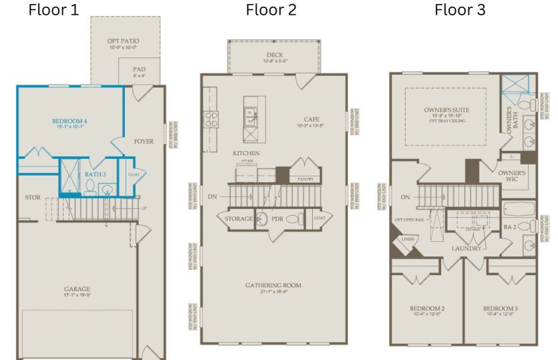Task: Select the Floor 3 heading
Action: tap(461, 10)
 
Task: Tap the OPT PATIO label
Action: tap(124, 41)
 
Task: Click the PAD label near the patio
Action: tap(139, 69)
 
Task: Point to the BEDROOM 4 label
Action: tap(70, 122)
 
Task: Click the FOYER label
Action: tap(144, 142)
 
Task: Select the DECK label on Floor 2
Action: tap(274, 55)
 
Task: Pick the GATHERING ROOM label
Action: tap(274, 285)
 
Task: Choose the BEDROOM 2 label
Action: tap(427, 309)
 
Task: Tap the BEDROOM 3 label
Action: tap(501, 309)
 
